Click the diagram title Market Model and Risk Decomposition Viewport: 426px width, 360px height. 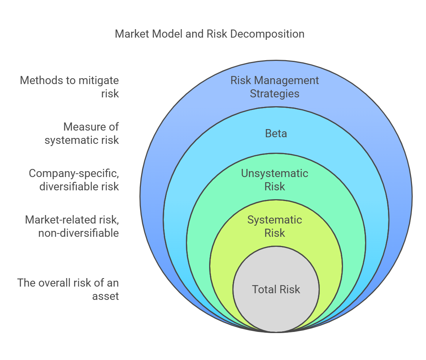click(209, 34)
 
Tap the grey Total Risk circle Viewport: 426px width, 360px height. click(276, 289)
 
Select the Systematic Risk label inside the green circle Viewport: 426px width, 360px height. click(275, 226)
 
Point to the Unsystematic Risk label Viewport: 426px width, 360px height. click(275, 180)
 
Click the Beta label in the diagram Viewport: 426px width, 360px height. click(276, 134)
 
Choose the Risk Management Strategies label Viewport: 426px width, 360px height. click(275, 87)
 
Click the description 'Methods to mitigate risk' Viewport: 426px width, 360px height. click(69, 87)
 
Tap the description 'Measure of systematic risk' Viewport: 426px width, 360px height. click(82, 134)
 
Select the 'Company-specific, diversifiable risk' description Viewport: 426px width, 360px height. click(74, 180)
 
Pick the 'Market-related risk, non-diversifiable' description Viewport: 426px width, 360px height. click(72, 226)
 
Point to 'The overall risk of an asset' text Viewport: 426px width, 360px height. click(68, 289)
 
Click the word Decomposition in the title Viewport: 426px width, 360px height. click(267, 34)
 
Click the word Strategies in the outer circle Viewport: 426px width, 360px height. click(275, 94)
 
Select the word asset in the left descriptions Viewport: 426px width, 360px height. click(105, 296)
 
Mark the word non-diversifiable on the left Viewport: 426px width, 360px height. click(79, 233)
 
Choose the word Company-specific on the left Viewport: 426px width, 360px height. click(74, 173)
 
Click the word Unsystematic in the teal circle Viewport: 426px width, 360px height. click(275, 174)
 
